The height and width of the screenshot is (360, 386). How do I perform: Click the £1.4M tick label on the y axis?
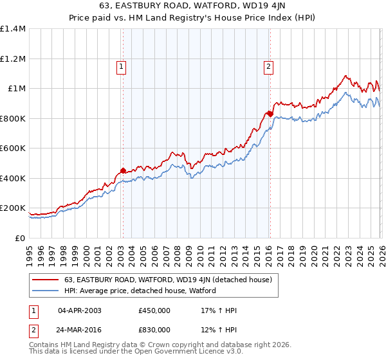coord(13,29)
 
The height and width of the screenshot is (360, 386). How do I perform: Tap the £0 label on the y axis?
coord(19,238)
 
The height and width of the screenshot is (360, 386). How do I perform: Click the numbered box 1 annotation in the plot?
coord(122,65)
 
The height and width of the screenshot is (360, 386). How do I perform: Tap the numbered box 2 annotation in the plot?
coord(268,65)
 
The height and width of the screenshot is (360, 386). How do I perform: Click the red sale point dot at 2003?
coord(122,171)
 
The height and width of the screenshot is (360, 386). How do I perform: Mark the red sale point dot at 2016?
coord(270,114)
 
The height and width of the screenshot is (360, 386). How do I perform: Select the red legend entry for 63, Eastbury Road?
coord(169,280)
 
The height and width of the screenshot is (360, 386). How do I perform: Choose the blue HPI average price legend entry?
coord(140,291)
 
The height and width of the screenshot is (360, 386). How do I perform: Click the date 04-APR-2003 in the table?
coord(80,310)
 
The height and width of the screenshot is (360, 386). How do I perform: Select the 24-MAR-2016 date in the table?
coord(80,330)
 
